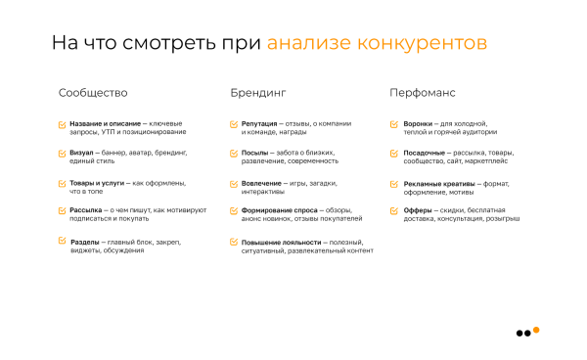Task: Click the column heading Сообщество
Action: click(93, 93)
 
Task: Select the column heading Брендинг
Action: click(258, 93)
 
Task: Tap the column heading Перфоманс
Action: click(422, 93)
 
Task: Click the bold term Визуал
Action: click(82, 154)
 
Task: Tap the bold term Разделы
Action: click(85, 242)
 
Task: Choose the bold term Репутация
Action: click(258, 124)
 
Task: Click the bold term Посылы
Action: click(254, 154)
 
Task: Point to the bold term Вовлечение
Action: click(259, 183)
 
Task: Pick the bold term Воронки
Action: click(419, 124)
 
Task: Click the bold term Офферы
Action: click(418, 210)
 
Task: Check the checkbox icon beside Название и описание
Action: click(63, 124)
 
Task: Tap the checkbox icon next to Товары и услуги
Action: click(63, 183)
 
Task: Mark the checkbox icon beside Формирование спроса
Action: click(234, 210)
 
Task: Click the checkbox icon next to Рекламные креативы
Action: click(395, 183)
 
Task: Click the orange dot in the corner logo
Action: click(536, 329)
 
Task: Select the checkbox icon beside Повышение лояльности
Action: click(234, 242)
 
